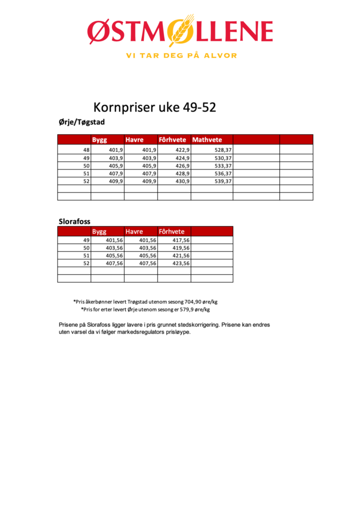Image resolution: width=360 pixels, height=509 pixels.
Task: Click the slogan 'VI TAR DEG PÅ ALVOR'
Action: [x=181, y=56]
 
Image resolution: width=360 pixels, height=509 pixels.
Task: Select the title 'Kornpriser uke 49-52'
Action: [x=155, y=107]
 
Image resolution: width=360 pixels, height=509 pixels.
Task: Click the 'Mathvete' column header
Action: [x=207, y=140]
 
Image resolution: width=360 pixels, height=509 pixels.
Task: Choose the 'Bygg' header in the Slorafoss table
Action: [x=99, y=232]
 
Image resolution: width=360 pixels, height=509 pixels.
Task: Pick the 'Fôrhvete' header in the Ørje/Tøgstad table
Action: [x=172, y=140]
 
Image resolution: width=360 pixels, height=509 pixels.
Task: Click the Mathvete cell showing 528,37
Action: [x=223, y=150]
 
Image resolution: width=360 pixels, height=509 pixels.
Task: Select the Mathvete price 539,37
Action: [x=223, y=181]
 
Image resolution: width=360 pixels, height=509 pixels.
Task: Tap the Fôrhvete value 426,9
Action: [x=181, y=166]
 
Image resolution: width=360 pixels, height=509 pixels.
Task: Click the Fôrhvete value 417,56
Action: [x=180, y=240]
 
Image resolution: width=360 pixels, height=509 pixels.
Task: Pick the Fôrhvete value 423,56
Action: [x=180, y=263]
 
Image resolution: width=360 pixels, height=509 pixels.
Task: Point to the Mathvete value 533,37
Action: [x=223, y=166]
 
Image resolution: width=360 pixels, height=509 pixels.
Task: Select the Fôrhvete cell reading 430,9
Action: [x=181, y=181]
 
